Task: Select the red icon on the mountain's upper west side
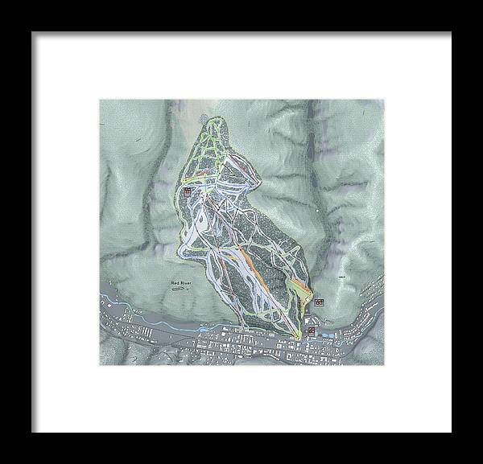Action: point(187,191)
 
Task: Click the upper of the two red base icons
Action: point(320,302)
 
